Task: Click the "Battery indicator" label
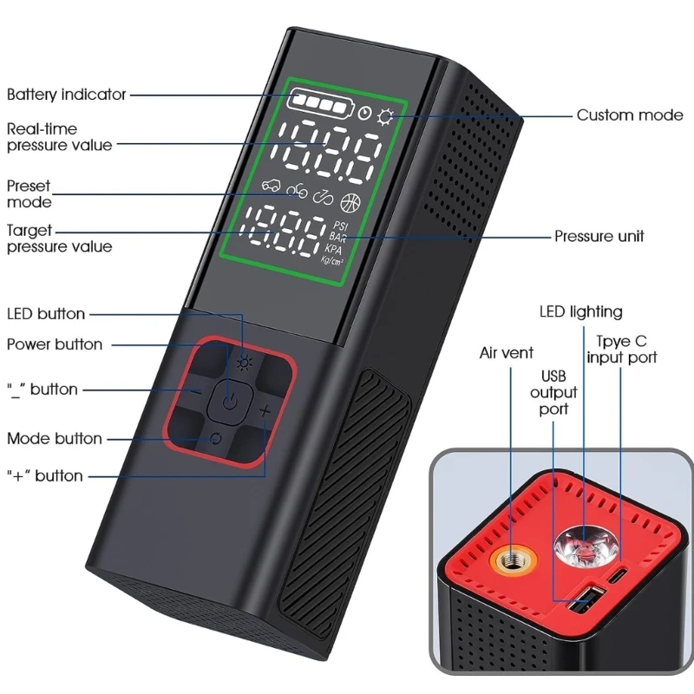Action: (x=67, y=95)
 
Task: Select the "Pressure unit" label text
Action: (x=599, y=236)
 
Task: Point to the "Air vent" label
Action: (x=507, y=353)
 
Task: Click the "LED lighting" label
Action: (x=581, y=312)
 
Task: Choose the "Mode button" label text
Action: (x=55, y=438)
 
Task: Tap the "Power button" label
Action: (x=55, y=344)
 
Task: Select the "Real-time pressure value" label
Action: (x=60, y=137)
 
